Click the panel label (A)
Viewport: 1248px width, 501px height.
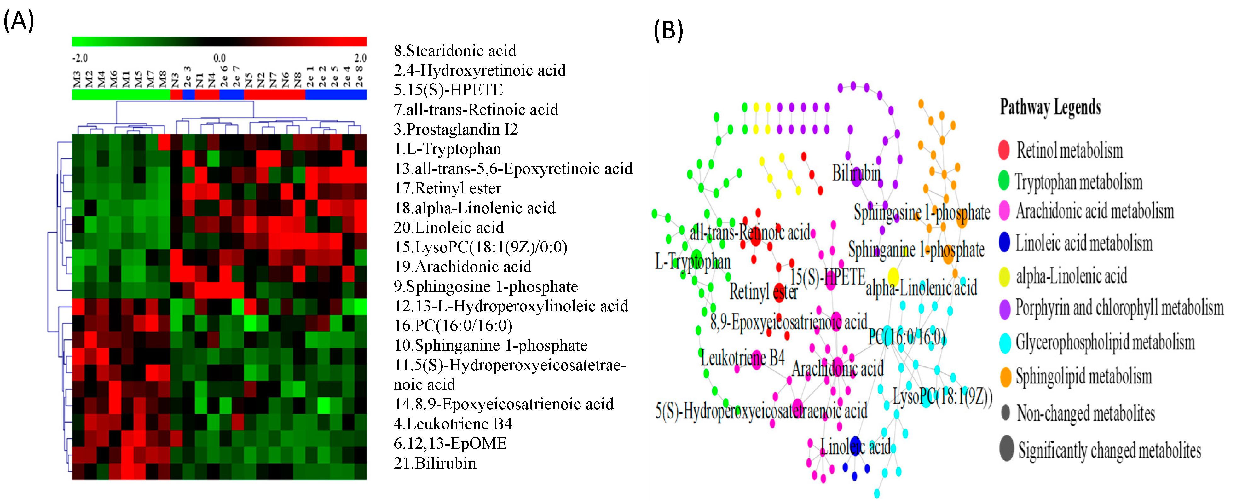click(x=18, y=21)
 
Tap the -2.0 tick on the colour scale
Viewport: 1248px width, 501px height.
click(x=80, y=58)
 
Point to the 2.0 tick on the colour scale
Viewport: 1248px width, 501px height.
click(x=360, y=58)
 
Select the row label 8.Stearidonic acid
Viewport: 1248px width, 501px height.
click(x=454, y=51)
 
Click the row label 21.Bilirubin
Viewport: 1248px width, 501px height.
click(x=435, y=463)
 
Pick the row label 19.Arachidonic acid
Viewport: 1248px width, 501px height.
click(x=462, y=267)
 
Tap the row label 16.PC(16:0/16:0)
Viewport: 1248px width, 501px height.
click(x=453, y=325)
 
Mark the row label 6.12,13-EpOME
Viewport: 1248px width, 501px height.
click(x=450, y=443)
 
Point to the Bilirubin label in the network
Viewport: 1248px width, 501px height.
click(x=856, y=173)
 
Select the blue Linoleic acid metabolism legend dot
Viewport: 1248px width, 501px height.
click(x=1004, y=242)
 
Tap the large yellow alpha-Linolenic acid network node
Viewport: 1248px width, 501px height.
click(x=893, y=277)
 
